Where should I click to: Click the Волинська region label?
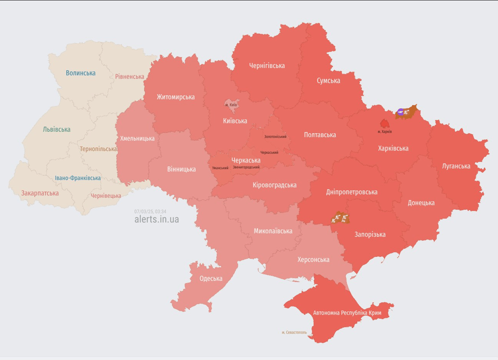click(81, 73)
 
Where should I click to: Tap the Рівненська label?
click(129, 76)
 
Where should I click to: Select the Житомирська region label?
click(176, 97)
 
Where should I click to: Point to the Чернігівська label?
click(267, 66)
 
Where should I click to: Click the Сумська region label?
click(328, 81)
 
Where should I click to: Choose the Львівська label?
click(57, 129)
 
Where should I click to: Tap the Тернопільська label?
click(98, 149)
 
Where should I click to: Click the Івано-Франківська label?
click(78, 178)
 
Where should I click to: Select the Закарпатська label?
click(40, 193)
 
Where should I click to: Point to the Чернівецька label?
click(106, 196)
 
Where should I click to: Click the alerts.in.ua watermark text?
click(156, 219)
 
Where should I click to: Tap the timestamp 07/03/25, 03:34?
click(150, 211)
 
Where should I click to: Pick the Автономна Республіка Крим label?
click(347, 313)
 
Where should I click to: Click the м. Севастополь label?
click(294, 332)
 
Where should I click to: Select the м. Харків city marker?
click(385, 124)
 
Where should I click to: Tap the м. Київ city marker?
click(231, 104)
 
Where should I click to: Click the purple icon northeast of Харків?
click(401, 112)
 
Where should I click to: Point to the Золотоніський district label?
click(275, 137)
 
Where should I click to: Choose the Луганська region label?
click(456, 166)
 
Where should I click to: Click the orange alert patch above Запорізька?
click(341, 217)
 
